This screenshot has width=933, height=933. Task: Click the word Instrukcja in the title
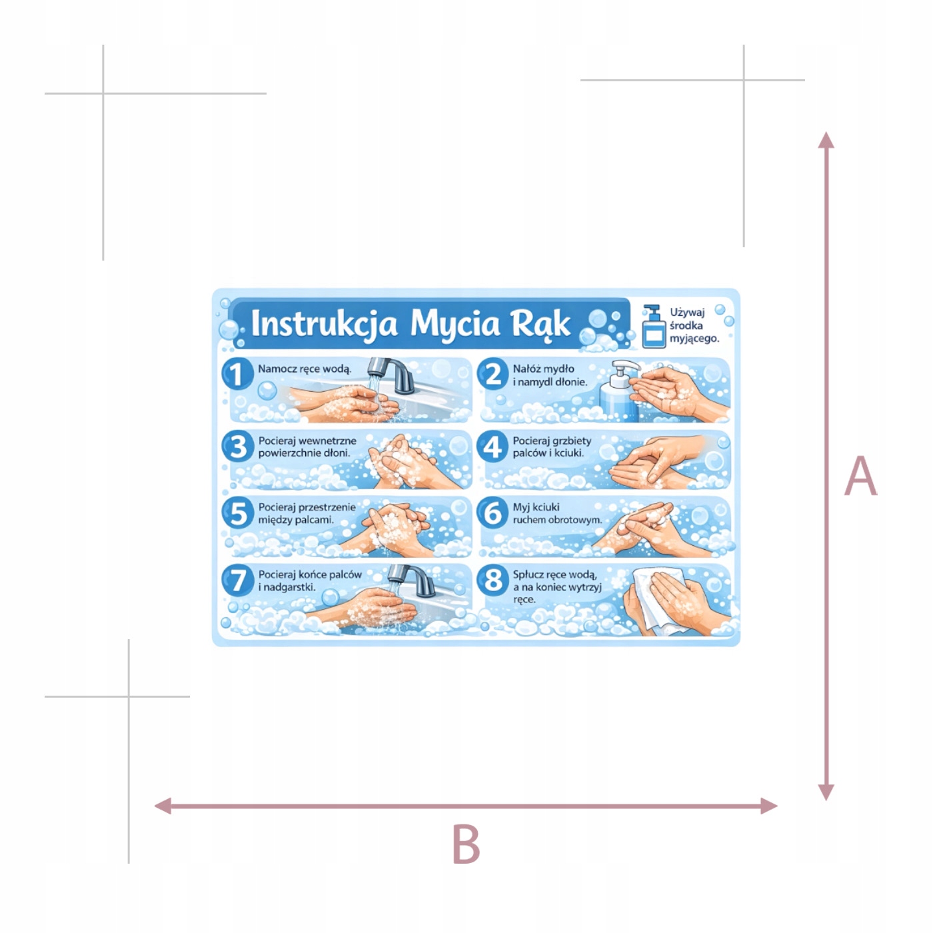click(324, 323)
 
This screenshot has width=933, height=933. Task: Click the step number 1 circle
click(237, 373)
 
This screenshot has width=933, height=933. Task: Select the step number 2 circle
click(492, 373)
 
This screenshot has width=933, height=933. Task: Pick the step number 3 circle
click(237, 446)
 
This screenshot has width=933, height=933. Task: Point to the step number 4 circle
click(492, 446)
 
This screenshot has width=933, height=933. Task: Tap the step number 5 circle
click(237, 512)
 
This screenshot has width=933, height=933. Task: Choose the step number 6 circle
click(492, 512)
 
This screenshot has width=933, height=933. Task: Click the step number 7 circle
click(237, 580)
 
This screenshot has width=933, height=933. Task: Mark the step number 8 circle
click(492, 580)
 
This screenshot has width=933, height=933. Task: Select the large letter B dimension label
click(466, 844)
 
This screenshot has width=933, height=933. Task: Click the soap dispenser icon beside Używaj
click(652, 327)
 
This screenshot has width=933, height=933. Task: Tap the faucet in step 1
click(391, 375)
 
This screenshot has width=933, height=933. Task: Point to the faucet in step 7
click(413, 580)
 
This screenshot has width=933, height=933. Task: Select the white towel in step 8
click(660, 600)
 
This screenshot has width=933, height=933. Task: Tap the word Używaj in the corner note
click(687, 313)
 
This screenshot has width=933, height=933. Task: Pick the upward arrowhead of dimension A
click(826, 141)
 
